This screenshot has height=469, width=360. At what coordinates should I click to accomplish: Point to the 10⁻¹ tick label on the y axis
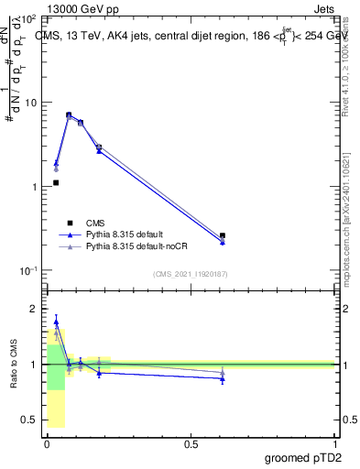point(28,271)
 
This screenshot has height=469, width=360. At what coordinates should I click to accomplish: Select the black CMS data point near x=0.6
point(223,235)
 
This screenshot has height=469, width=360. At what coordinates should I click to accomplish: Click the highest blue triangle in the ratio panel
point(56,322)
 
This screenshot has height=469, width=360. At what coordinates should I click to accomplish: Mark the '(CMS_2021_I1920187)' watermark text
point(190,273)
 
